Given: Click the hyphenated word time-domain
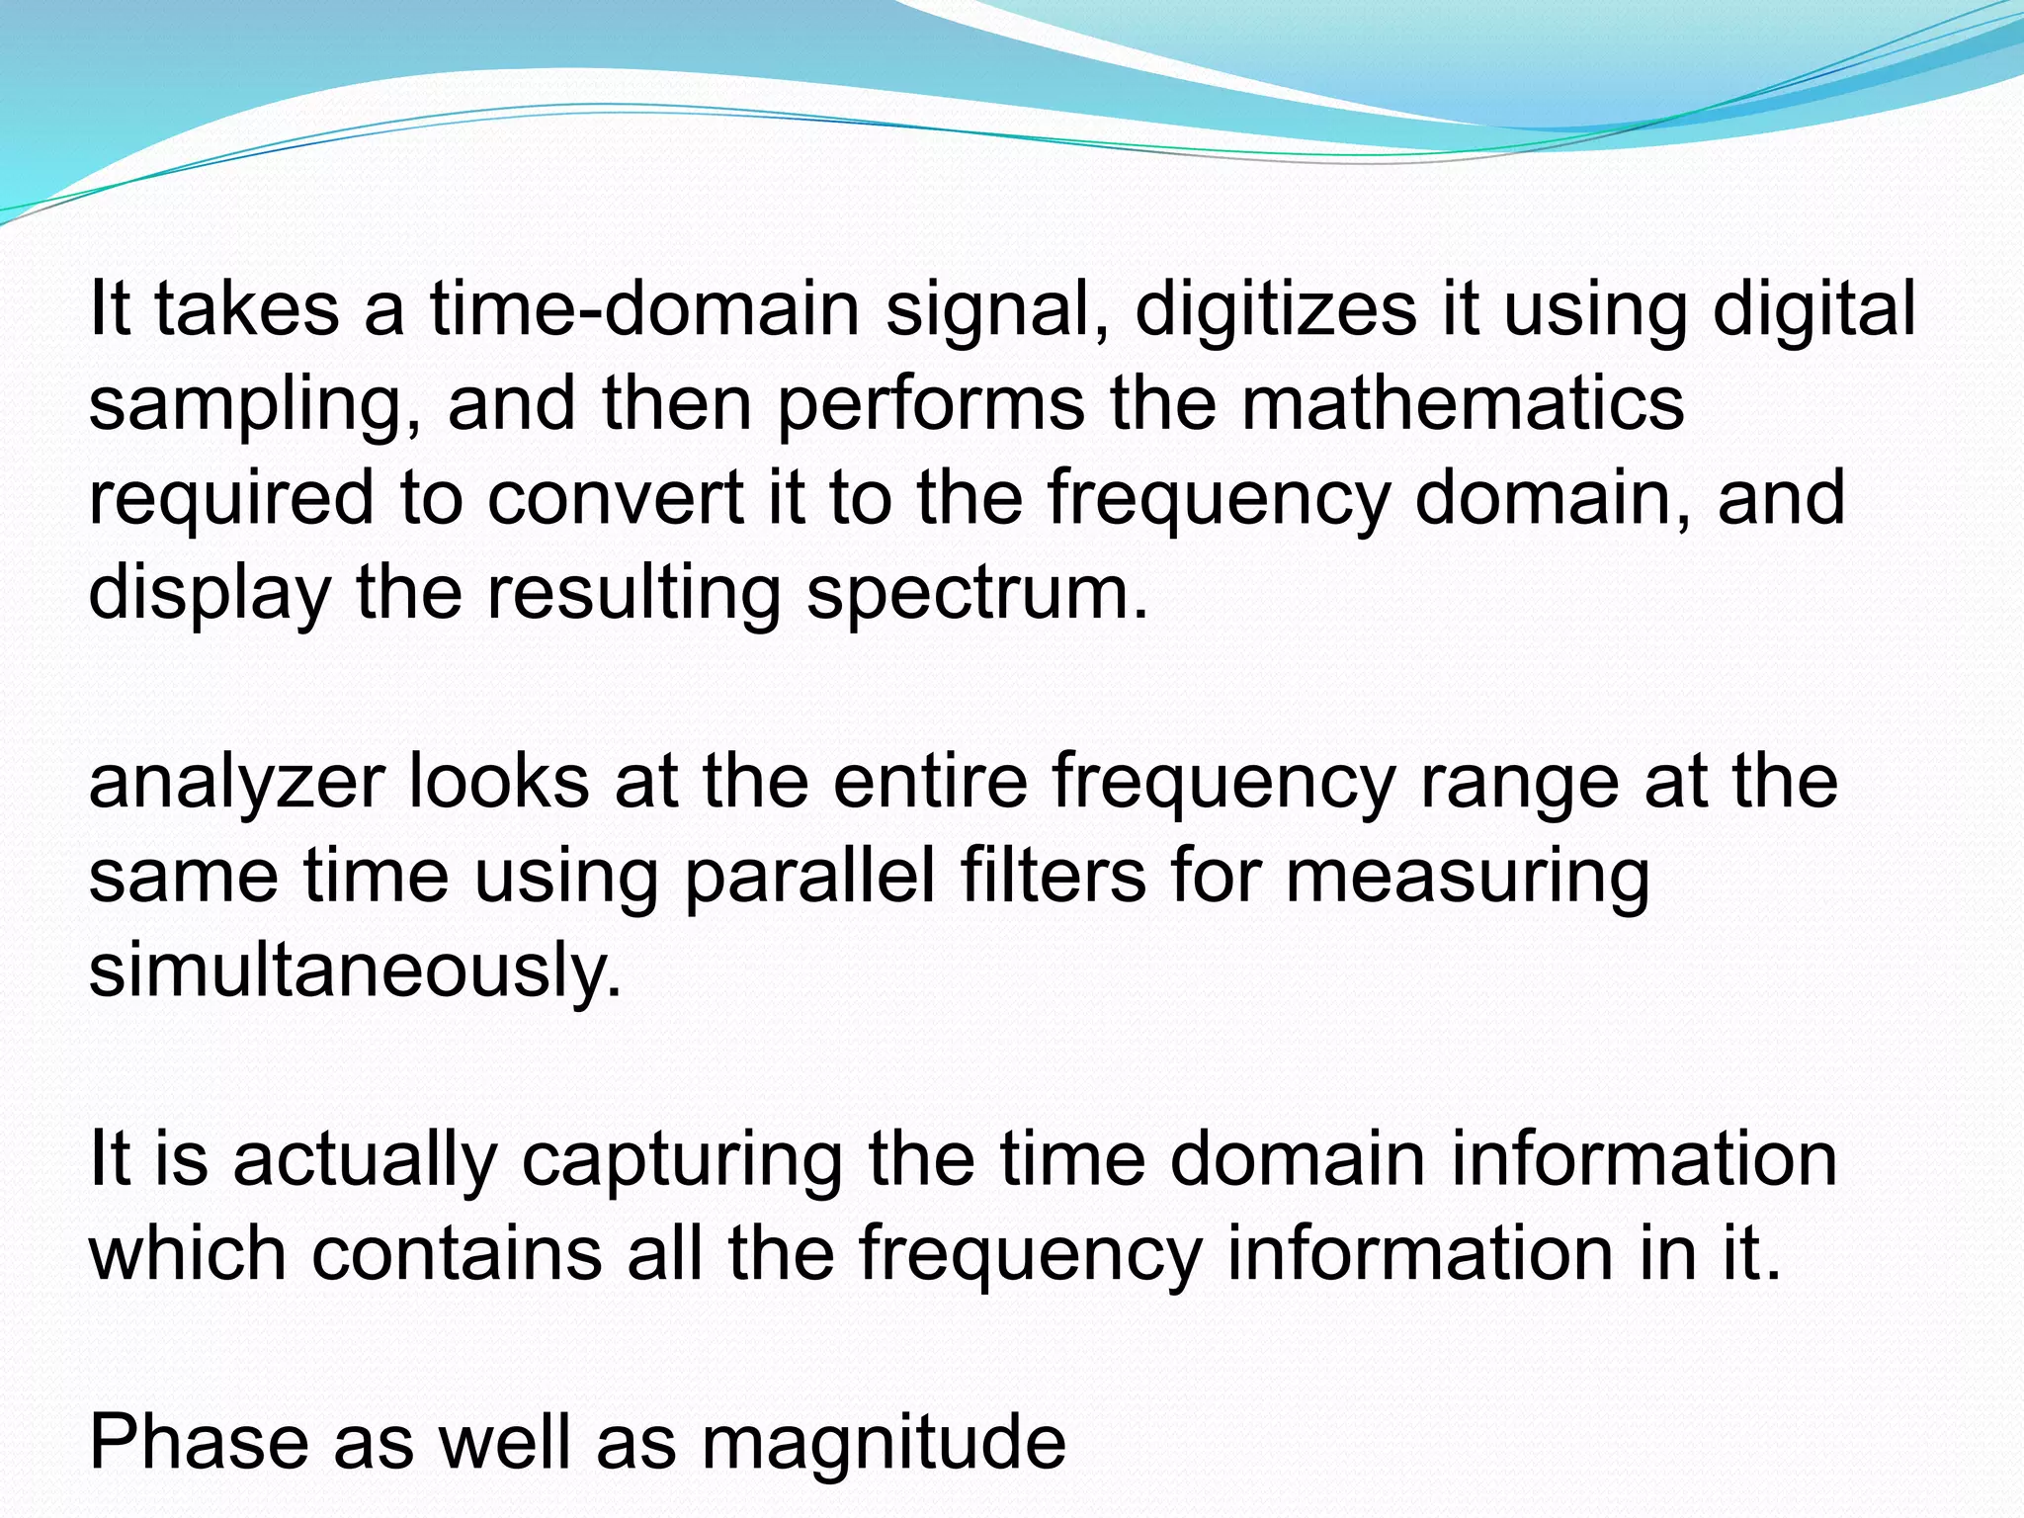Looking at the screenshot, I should click(x=644, y=308).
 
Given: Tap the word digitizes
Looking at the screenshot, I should click(x=1276, y=308).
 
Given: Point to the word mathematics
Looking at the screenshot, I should click(x=1462, y=402).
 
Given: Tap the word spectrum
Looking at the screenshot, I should click(x=977, y=593).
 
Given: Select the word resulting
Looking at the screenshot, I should click(x=632, y=593).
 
